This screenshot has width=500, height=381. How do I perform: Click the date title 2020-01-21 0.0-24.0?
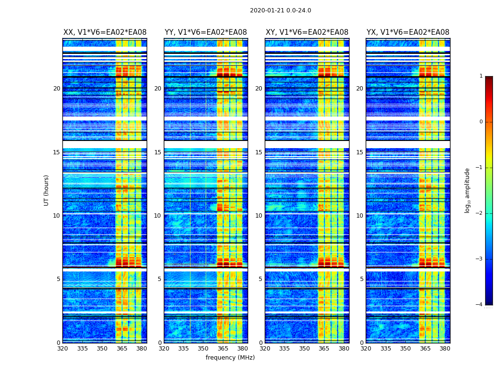pyautogui.click(x=280, y=10)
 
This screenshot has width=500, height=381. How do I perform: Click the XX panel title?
pyautogui.click(x=105, y=32)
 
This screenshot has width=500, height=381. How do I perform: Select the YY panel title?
pyautogui.click(x=206, y=32)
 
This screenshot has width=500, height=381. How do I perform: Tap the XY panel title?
pyautogui.click(x=307, y=32)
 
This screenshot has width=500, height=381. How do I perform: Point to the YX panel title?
pyautogui.click(x=408, y=32)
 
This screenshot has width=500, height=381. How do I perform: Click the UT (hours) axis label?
pyautogui.click(x=46, y=190)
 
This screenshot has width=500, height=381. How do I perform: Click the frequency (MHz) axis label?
pyautogui.click(x=230, y=358)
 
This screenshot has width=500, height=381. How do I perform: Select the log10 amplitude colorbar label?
pyautogui.click(x=468, y=190)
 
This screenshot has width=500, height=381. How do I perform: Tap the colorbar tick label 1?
pyautogui.click(x=480, y=76)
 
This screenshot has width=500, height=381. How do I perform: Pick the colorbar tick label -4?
pyautogui.click(x=480, y=305)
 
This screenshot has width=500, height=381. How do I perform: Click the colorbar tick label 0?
pyautogui.click(x=480, y=122)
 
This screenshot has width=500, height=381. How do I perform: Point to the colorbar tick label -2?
pyautogui.click(x=480, y=213)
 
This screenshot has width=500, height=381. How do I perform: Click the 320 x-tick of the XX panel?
pyautogui.click(x=62, y=349)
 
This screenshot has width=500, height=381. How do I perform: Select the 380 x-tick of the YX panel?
pyautogui.click(x=445, y=349)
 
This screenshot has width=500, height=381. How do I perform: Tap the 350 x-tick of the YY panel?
pyautogui.click(x=203, y=349)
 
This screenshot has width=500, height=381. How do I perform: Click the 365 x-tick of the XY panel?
pyautogui.click(x=324, y=349)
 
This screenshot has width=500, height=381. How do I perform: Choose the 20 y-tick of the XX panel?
pyautogui.click(x=57, y=89)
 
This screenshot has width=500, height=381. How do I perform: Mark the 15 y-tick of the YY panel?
pyautogui.click(x=158, y=152)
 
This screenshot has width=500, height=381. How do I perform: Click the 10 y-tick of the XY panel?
pyautogui.click(x=259, y=216)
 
